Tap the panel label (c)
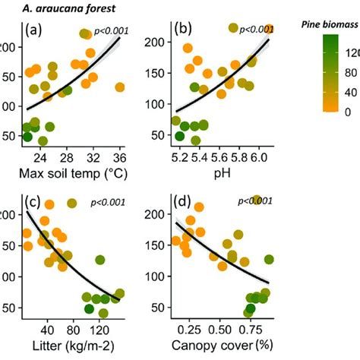(35, 203)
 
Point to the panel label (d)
(185, 203)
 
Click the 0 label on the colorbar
(349, 112)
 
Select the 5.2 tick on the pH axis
(180, 158)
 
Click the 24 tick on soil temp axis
(41, 158)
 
